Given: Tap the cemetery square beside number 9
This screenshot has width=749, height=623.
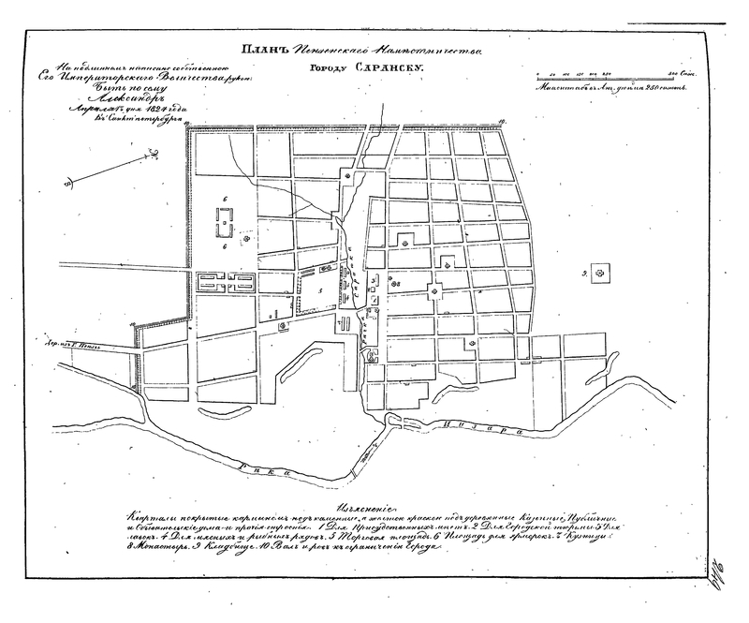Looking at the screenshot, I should [x=603, y=273].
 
